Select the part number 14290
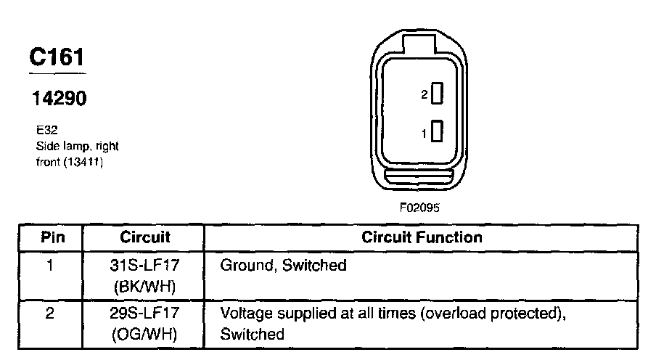57,98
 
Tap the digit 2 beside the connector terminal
425,94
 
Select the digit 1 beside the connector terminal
425,133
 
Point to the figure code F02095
420,207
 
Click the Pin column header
52,237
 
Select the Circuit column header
144,237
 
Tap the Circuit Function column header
421,237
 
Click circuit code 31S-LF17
144,266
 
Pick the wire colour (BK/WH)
144,287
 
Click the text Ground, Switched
283,266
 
